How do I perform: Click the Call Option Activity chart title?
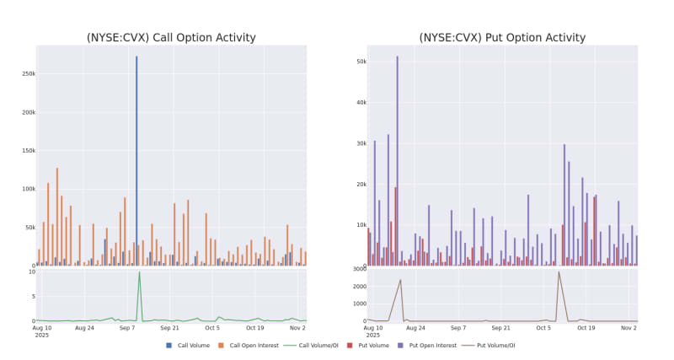click(x=171, y=38)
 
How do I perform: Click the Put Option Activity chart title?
click(x=502, y=38)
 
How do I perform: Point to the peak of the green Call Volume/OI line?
click(x=139, y=272)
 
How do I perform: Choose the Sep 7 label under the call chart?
click(x=127, y=328)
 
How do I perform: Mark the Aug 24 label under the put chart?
click(x=415, y=328)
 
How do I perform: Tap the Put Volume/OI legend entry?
click(x=496, y=345)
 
